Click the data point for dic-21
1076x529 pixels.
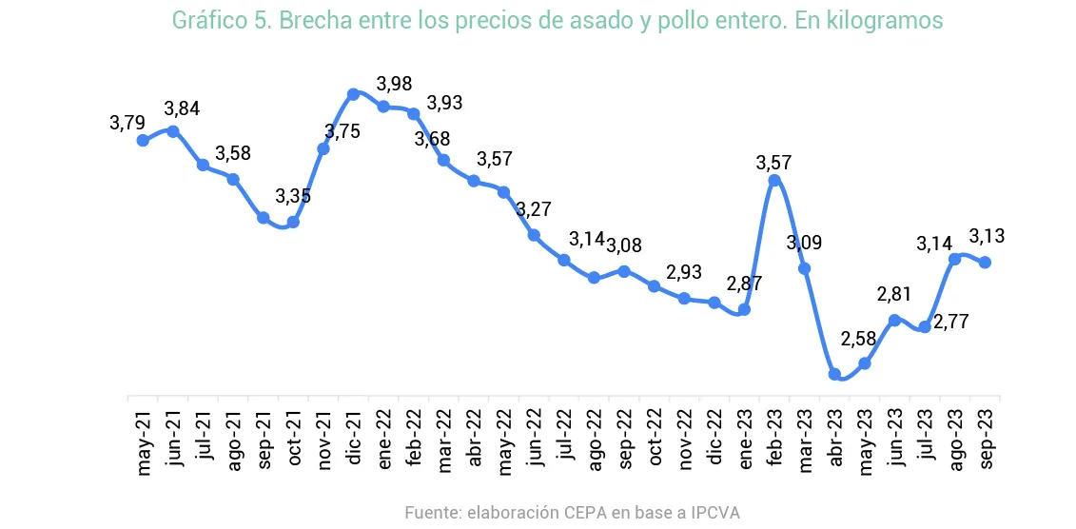click(x=353, y=94)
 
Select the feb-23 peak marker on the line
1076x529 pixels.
click(x=774, y=181)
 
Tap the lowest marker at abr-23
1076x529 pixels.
click(x=834, y=375)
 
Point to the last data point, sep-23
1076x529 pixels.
click(x=986, y=263)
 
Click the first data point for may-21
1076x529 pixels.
click(x=143, y=140)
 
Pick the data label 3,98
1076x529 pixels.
click(x=394, y=84)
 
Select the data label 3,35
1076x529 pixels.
click(x=293, y=197)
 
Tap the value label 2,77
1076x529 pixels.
click(x=950, y=322)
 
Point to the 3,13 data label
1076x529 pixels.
click(x=988, y=236)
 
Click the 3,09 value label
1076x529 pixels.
click(x=804, y=243)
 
